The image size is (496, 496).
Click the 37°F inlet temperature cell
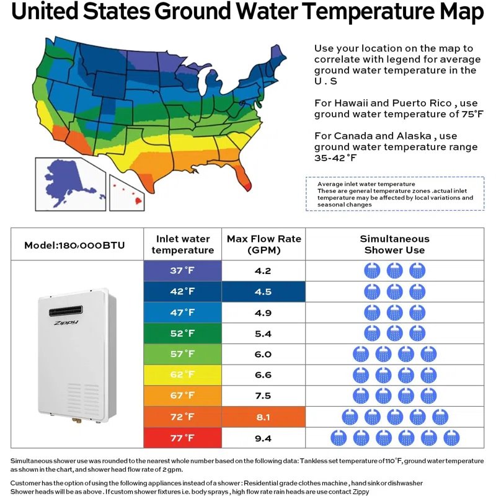click(182, 271)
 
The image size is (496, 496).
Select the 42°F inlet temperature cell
click(182, 291)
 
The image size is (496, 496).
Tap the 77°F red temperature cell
click(182, 438)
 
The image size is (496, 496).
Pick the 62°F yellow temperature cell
click(182, 375)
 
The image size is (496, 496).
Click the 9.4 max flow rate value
click(263, 438)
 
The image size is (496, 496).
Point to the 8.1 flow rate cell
click(263, 417)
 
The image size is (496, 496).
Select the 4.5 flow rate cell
click(263, 291)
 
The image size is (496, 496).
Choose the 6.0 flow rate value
click(263, 354)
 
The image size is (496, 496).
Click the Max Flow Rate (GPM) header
click(263, 244)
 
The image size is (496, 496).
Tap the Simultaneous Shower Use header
click(394, 244)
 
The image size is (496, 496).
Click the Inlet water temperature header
click(182, 244)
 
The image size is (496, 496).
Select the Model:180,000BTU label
click(74, 245)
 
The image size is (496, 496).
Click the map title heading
click(248, 12)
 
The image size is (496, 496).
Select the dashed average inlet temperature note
click(394, 194)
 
